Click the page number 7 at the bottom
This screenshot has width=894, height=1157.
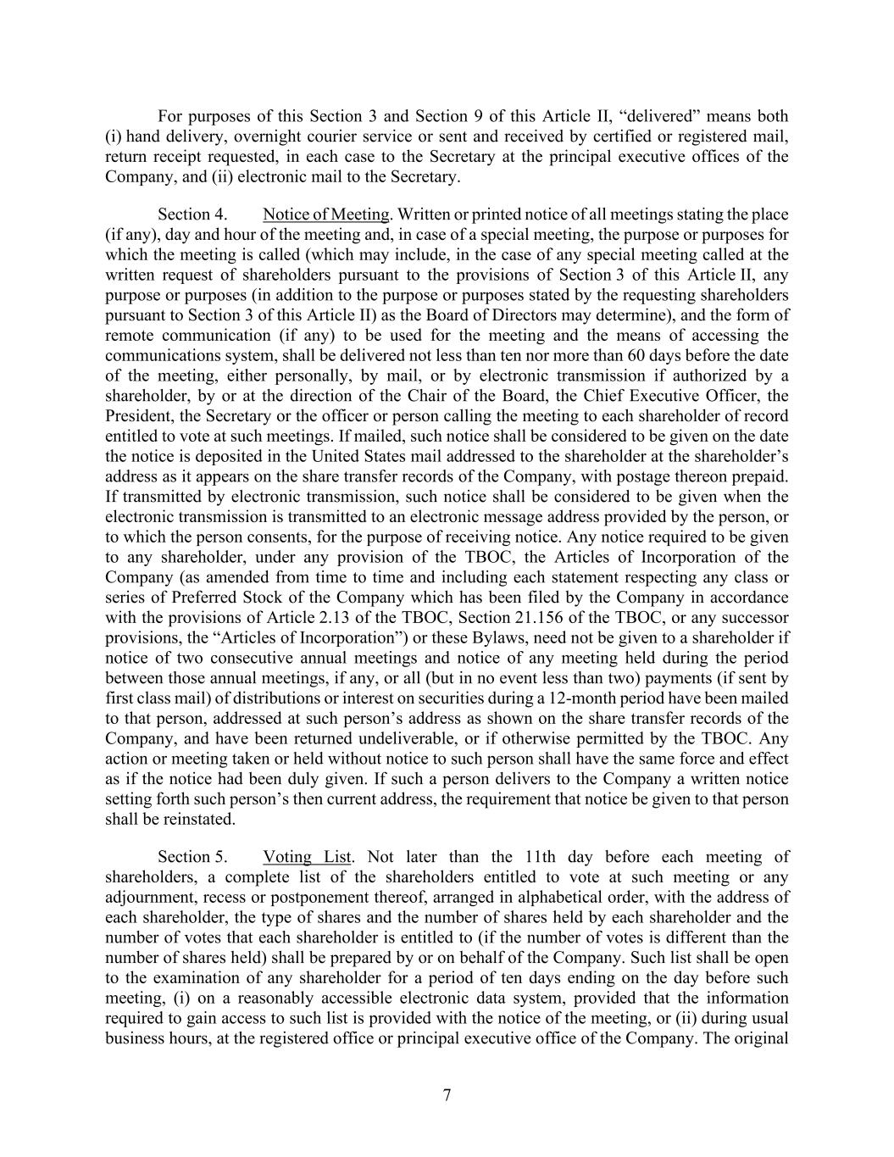pos(447,1095)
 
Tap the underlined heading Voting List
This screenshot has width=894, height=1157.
pos(307,857)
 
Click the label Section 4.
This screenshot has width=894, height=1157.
pos(192,214)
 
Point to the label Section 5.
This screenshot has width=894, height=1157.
pos(192,857)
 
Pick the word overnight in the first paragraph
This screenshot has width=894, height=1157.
pos(268,136)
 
